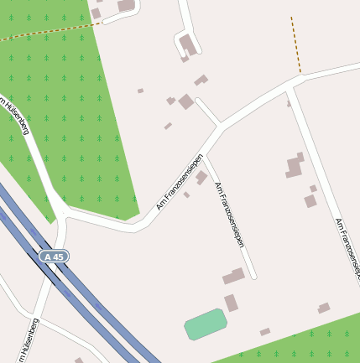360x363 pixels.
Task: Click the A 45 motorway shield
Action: pyautogui.click(x=54, y=256)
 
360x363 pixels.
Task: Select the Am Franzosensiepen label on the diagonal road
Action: pyautogui.click(x=180, y=182)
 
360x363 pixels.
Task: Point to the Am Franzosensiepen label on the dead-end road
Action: pyautogui.click(x=229, y=215)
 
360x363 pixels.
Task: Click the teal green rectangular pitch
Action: pyautogui.click(x=206, y=324)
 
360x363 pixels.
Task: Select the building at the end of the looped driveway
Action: pyautogui.click(x=189, y=45)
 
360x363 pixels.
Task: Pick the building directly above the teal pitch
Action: pyautogui.click(x=231, y=303)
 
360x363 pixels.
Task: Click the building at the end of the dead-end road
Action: pyautogui.click(x=234, y=275)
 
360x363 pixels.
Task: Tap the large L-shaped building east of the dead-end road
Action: pyautogui.click(x=295, y=165)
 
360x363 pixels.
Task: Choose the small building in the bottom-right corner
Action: pyautogui.click(x=323, y=309)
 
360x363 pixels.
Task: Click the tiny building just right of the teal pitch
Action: pyautogui.click(x=264, y=332)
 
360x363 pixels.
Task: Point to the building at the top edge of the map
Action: pyautogui.click(x=126, y=5)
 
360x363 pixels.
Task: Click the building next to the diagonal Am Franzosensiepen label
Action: pyautogui.click(x=201, y=177)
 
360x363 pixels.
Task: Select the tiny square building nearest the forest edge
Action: pyautogui.click(x=140, y=91)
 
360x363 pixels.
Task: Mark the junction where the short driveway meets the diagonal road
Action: pyautogui.click(x=221, y=126)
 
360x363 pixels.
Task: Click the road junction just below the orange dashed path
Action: pyautogui.click(x=291, y=85)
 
